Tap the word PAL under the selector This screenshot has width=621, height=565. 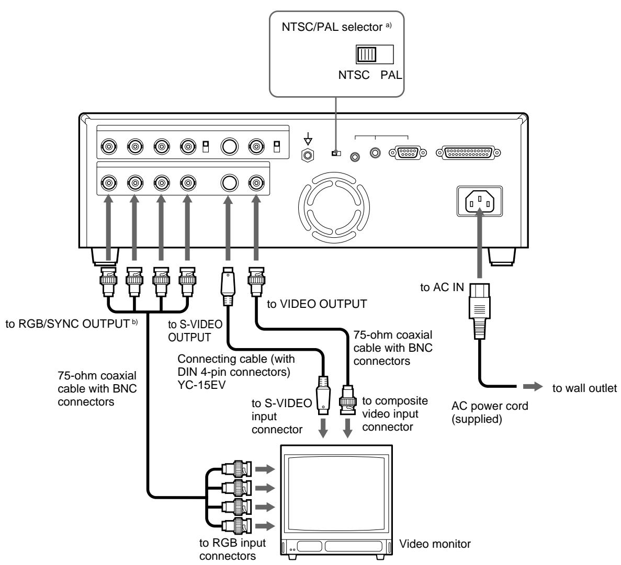pos(391,74)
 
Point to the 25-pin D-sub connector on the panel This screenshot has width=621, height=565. pos(471,153)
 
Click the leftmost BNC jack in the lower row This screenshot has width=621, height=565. pos(109,182)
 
